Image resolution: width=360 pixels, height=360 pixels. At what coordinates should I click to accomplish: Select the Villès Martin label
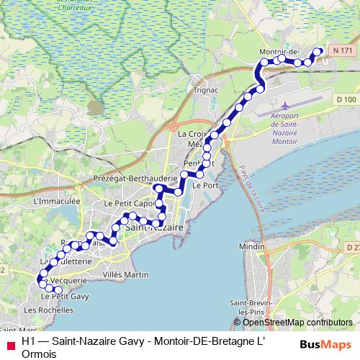[x=125, y=274]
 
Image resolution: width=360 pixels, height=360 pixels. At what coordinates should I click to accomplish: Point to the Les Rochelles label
[x=49, y=310]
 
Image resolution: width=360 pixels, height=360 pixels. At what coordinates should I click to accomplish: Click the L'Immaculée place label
[x=56, y=202]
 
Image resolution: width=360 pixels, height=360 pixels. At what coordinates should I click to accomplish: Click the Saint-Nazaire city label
[x=154, y=228]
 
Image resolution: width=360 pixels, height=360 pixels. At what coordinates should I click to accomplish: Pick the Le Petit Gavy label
[x=65, y=296]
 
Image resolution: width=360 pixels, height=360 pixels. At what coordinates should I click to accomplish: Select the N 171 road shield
[x=344, y=50]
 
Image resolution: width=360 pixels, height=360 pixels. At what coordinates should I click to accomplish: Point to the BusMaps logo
[x=325, y=344]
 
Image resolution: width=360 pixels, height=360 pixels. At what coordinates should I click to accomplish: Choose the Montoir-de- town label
[x=279, y=52]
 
